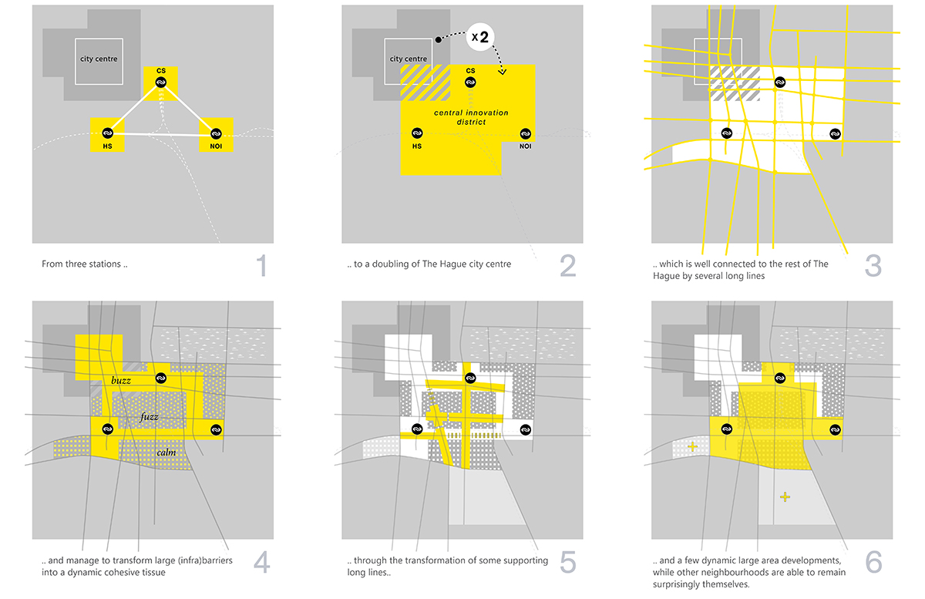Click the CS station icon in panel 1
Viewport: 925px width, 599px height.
(x=161, y=82)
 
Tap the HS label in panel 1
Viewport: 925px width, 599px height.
(x=107, y=146)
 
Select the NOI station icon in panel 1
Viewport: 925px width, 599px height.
(x=216, y=134)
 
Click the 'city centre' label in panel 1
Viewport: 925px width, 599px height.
(x=99, y=59)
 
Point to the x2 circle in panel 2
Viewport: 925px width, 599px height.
(x=480, y=37)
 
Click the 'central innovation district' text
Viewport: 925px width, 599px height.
(x=471, y=117)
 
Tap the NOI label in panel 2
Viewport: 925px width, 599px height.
(x=525, y=146)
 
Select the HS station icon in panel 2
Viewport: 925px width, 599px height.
(x=417, y=133)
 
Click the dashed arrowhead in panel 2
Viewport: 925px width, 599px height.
(x=502, y=72)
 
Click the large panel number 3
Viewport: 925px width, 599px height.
(x=873, y=266)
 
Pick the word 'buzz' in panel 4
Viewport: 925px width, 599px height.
(x=121, y=381)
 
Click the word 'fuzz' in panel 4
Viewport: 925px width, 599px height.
(x=149, y=416)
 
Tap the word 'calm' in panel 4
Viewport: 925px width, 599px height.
(x=166, y=453)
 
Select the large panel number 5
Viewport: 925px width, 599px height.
(x=568, y=562)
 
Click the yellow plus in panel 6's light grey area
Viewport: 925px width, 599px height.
(x=785, y=496)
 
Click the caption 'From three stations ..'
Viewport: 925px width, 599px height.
(x=85, y=264)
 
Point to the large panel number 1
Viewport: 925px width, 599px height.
(x=262, y=265)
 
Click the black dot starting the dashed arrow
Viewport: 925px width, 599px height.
(x=439, y=39)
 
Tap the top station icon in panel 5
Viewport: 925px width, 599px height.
(x=470, y=378)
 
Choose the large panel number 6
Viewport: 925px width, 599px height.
(x=873, y=562)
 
